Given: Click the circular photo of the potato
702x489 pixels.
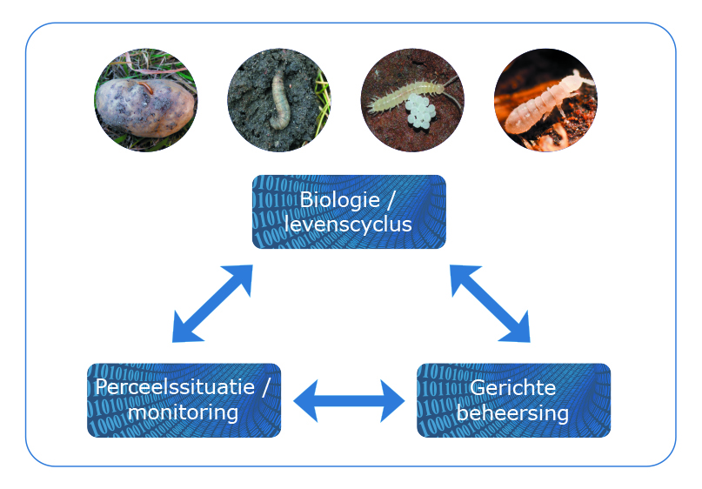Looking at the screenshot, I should pyautogui.click(x=145, y=101).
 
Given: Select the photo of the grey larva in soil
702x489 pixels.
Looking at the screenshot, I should pyautogui.click(x=279, y=101).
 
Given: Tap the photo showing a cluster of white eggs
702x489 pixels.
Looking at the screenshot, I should pyautogui.click(x=412, y=101).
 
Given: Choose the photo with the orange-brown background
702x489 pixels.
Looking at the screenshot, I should pyautogui.click(x=545, y=101).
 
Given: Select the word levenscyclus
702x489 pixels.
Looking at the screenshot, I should pyautogui.click(x=348, y=224).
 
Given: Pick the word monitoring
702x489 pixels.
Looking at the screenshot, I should pyautogui.click(x=183, y=412).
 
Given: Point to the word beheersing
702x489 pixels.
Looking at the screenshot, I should pyautogui.click(x=512, y=412).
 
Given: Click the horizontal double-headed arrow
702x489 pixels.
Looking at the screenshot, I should pyautogui.click(x=349, y=401).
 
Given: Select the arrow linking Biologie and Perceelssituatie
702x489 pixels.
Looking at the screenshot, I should pyautogui.click(x=212, y=304).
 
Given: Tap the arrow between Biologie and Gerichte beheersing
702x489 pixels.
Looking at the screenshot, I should pyautogui.click(x=490, y=304).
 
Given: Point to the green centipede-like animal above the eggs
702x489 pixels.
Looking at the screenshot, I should pyautogui.click(x=404, y=94).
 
